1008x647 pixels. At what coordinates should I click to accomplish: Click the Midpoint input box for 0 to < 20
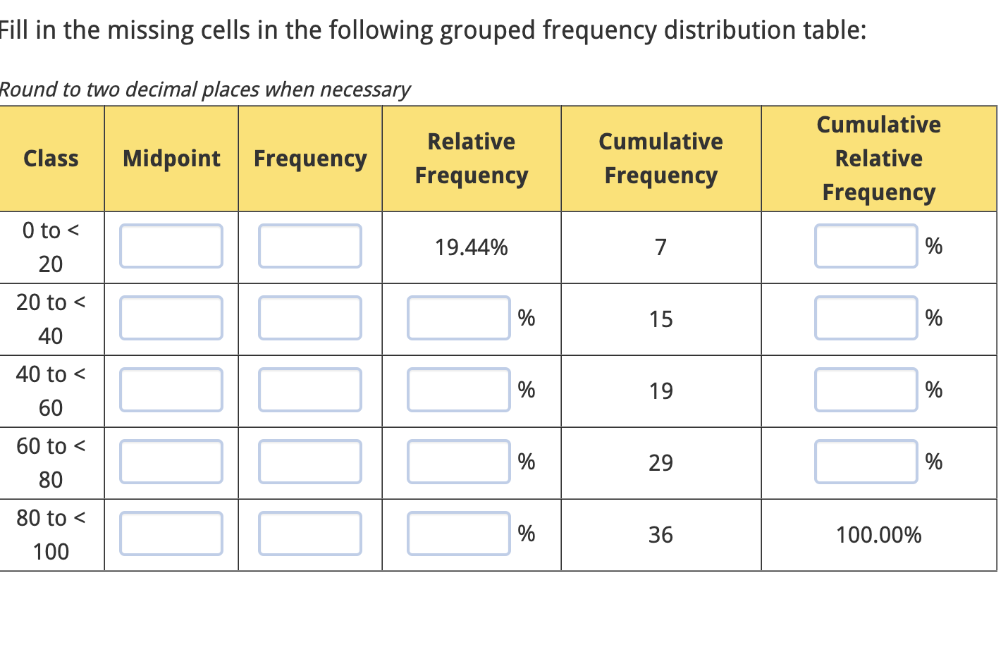(x=171, y=246)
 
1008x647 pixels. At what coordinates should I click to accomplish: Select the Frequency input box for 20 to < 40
(x=309, y=318)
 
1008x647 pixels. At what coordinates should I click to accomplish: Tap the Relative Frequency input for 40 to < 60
(x=458, y=390)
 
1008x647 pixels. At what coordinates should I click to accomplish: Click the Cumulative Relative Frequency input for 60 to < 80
(x=866, y=462)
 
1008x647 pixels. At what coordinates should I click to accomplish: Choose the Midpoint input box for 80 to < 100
(x=171, y=534)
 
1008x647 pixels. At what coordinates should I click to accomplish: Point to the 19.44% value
(x=471, y=247)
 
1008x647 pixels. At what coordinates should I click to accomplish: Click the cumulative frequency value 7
(x=660, y=247)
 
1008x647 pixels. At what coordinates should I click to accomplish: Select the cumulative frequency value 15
(x=660, y=319)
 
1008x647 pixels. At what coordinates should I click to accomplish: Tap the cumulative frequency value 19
(x=660, y=391)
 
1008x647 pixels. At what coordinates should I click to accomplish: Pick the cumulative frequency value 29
(x=660, y=463)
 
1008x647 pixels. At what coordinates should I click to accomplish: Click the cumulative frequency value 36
(x=660, y=535)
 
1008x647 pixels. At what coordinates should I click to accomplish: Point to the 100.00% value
(x=878, y=535)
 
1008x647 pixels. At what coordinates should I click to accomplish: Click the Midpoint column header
(x=171, y=159)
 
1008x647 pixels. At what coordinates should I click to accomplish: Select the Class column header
(x=51, y=159)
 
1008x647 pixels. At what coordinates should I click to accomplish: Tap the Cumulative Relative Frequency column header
(x=878, y=159)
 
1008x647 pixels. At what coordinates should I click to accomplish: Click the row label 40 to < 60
(x=51, y=390)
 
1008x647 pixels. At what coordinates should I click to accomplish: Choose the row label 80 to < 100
(x=51, y=534)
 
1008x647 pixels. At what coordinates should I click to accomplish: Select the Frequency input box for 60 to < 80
(x=309, y=462)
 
